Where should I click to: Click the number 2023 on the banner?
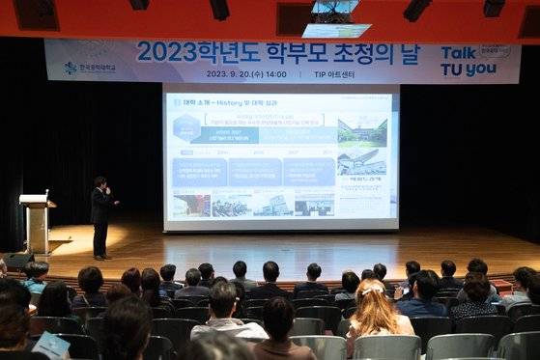coord(166,51)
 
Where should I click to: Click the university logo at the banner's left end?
coord(70,68)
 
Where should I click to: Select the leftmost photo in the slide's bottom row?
coord(191,204)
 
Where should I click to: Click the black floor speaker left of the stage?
coord(18,261)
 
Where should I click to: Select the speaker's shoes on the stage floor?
coord(100,256)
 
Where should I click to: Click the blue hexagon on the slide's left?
coord(177,102)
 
